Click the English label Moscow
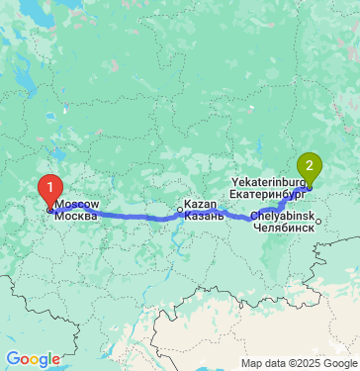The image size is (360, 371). (x=77, y=203)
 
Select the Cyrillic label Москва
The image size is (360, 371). (x=77, y=215)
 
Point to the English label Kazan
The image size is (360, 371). (x=200, y=203)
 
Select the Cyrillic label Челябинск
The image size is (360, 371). (x=284, y=227)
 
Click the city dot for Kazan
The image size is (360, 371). (x=179, y=210)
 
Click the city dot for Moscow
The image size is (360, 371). (x=49, y=209)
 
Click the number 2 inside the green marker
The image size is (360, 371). (x=310, y=164)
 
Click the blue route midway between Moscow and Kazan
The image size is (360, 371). (x=117, y=214)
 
